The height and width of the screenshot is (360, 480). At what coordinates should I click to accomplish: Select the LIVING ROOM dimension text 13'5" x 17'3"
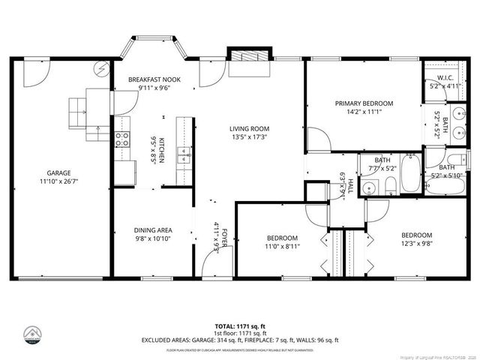pyautogui.click(x=249, y=137)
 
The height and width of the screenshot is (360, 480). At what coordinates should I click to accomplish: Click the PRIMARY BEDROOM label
pyautogui.click(x=364, y=103)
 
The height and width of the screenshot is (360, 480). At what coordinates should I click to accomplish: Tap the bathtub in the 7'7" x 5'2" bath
pyautogui.click(x=409, y=172)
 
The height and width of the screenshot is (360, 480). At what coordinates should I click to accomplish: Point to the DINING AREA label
pyautogui.click(x=153, y=230)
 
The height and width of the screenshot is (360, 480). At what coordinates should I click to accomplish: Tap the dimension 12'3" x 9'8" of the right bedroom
pyautogui.click(x=416, y=242)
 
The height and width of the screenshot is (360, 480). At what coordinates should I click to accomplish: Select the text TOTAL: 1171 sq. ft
pyautogui.click(x=240, y=325)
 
